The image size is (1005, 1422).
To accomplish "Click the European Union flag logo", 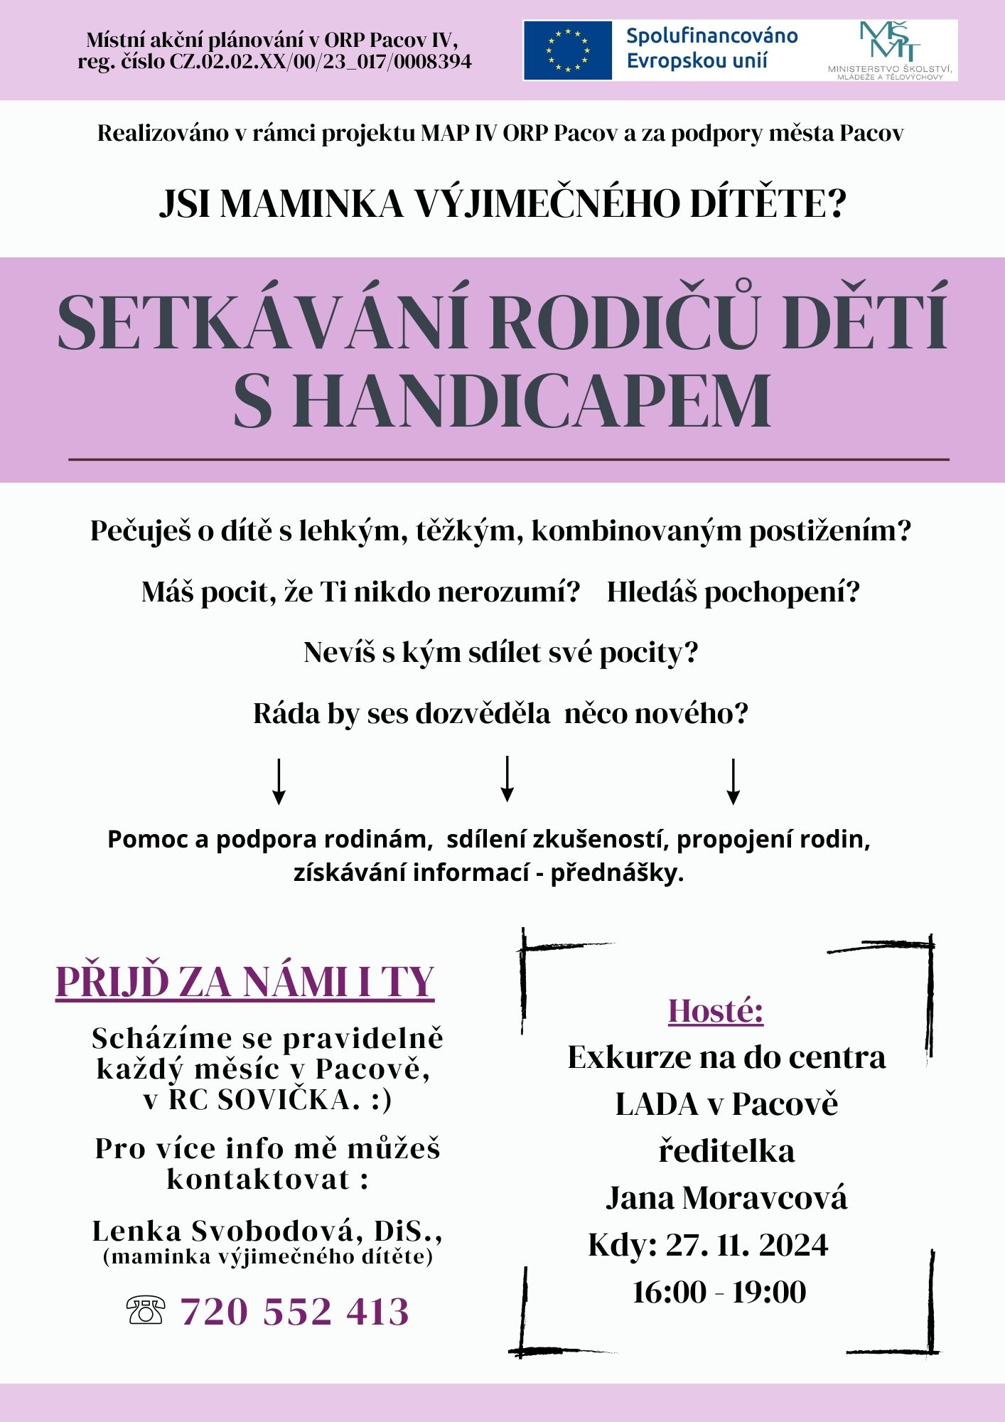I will coord(567,50).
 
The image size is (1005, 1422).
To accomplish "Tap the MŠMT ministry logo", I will coord(889,50).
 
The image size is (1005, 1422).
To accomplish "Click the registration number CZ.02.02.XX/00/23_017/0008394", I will coord(320,62).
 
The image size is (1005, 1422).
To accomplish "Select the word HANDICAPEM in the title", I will coord(531,402).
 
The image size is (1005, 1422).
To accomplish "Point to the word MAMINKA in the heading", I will coord(311,204).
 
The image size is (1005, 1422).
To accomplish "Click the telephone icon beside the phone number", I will coord(146,1310).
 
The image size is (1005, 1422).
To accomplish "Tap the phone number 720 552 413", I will coord(295,1312).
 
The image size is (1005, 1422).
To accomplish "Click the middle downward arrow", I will coord(507,779).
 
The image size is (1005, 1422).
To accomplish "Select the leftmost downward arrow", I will coord(279,781).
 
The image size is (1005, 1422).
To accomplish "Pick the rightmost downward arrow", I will coord(733,781).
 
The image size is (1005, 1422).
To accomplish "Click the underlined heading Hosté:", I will coord(716,1010).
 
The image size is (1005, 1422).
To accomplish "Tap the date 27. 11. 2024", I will coord(746,1245).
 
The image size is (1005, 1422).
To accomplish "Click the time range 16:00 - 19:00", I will coord(719,1292).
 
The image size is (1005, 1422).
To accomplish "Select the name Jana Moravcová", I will coord(726,1198).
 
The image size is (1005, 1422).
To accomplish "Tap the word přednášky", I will coord(616,872).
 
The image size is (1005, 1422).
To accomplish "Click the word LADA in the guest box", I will coord(657,1104).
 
